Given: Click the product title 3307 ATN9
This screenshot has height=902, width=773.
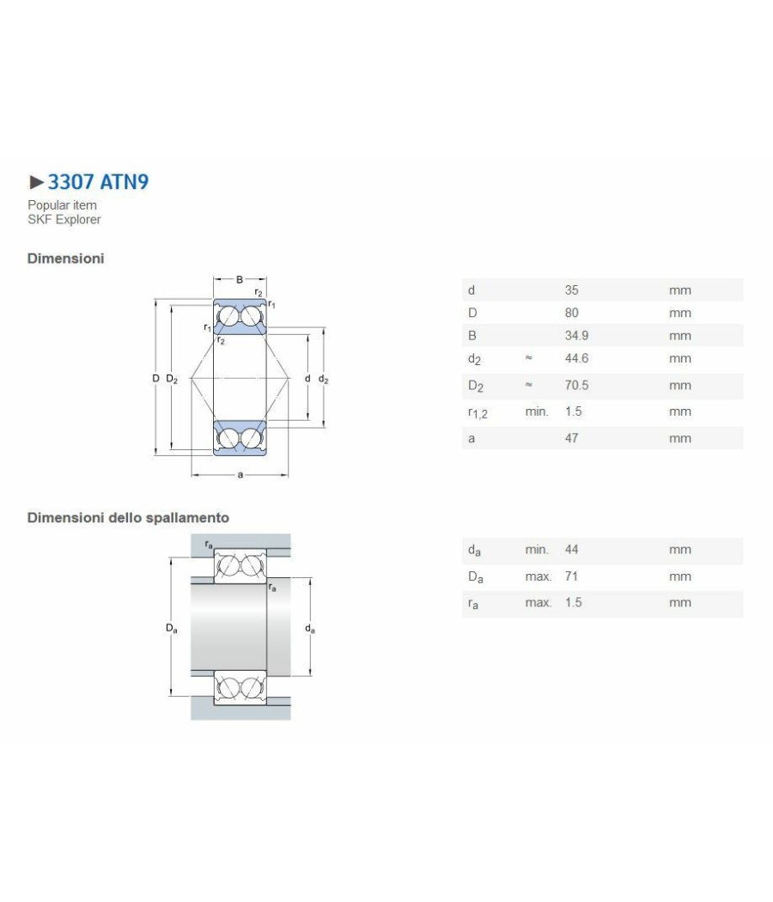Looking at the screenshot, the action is click(99, 182).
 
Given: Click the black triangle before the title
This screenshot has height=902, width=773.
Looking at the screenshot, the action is click(37, 182).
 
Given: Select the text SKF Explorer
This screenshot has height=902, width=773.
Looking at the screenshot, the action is click(64, 219).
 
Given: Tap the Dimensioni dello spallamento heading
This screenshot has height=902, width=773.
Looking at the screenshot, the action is click(128, 518).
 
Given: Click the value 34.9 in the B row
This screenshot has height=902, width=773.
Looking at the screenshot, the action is click(576, 335).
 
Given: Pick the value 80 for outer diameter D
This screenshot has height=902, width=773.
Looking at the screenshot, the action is click(571, 313).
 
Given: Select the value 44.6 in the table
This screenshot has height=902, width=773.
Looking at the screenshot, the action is click(576, 358).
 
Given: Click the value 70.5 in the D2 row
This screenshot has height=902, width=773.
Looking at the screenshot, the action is click(576, 386).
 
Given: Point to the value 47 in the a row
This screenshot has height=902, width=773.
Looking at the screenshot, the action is click(571, 438).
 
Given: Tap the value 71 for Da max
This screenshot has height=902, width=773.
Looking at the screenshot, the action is click(571, 576).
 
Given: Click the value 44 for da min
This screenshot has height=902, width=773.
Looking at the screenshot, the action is click(571, 550).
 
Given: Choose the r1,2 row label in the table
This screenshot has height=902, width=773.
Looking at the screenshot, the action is click(478, 412).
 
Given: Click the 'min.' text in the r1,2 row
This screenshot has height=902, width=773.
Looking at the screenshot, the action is click(537, 411).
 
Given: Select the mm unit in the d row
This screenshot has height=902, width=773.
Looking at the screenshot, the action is click(680, 290).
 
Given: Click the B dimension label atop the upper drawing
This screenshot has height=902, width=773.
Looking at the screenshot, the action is click(240, 279).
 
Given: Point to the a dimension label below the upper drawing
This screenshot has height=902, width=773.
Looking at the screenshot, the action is click(240, 474).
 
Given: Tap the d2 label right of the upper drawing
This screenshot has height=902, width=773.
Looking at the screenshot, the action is click(323, 379).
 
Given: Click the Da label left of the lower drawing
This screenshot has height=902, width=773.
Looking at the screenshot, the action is click(172, 628).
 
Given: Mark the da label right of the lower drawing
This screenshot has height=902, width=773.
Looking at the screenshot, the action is click(309, 629).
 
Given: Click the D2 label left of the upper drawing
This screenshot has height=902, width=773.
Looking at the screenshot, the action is click(172, 379).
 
